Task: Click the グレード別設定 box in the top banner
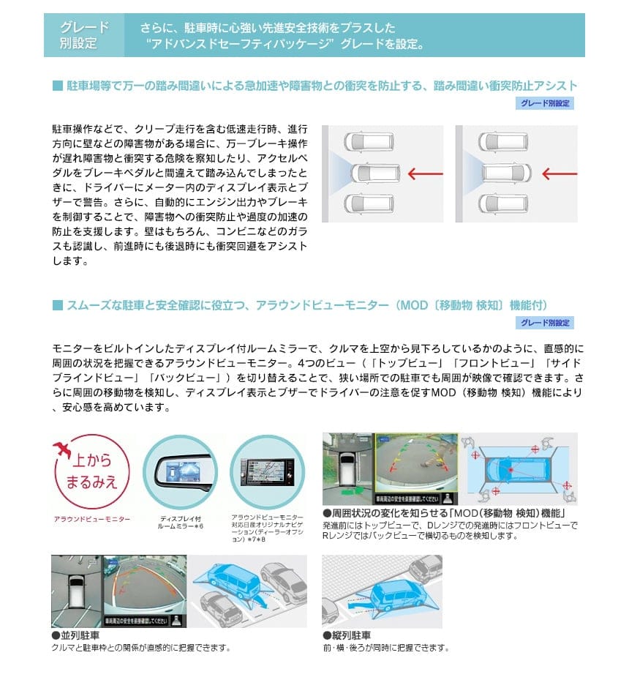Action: [84, 35]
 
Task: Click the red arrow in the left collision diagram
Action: [426, 173]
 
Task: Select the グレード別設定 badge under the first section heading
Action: [546, 104]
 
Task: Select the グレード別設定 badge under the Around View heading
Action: [546, 323]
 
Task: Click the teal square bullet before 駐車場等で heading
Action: [57, 86]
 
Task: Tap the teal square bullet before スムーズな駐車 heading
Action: [57, 304]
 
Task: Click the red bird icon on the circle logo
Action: [65, 448]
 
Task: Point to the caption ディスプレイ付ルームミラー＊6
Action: [181, 523]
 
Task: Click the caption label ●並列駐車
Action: [75, 635]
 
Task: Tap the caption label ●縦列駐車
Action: [347, 635]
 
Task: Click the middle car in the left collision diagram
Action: [374, 173]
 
